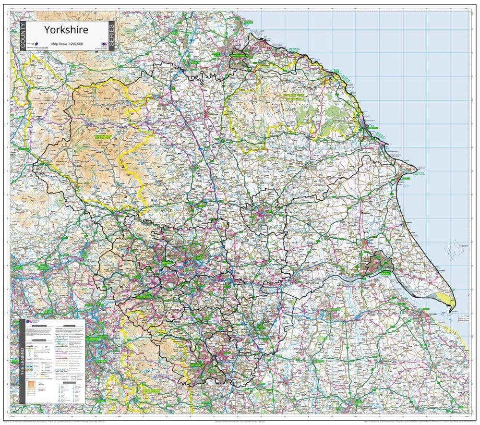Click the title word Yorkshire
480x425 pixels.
coord(66,29)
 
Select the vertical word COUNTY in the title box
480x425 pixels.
coord(23,36)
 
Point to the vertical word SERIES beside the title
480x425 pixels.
coord(111,36)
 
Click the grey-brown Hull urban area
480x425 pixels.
coord(378,263)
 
